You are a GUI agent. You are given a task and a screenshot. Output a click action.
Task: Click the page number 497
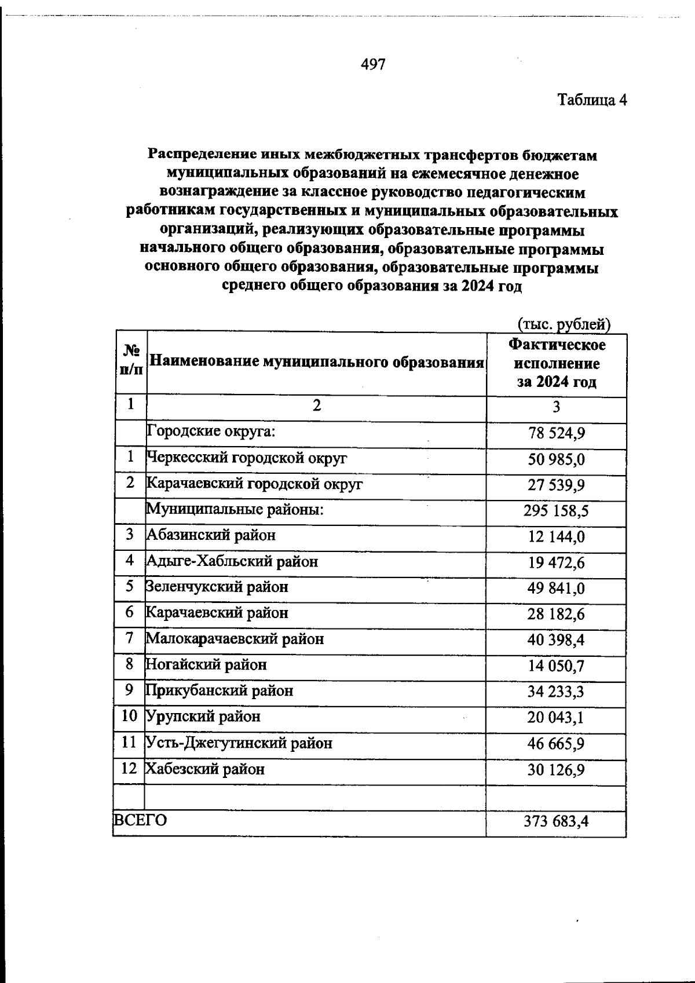coord(373,64)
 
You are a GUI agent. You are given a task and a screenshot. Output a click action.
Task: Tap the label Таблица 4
coord(592,100)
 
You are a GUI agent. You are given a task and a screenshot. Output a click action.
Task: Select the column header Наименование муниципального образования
coord(316,363)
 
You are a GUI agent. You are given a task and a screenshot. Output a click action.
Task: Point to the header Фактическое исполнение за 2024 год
coord(556,363)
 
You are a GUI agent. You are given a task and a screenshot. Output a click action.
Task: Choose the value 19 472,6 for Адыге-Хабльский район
coord(556,562)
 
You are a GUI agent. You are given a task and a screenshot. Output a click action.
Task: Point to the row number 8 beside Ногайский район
coord(130,664)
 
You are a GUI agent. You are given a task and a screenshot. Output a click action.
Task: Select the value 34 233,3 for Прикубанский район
coord(556,692)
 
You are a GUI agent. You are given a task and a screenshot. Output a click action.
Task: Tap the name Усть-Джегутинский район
coord(239,743)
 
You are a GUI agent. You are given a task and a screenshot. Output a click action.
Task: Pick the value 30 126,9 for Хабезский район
coord(556,770)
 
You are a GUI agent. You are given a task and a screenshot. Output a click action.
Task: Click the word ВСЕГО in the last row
coord(140,820)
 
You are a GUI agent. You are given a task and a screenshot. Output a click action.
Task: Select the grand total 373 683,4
coord(556,821)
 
